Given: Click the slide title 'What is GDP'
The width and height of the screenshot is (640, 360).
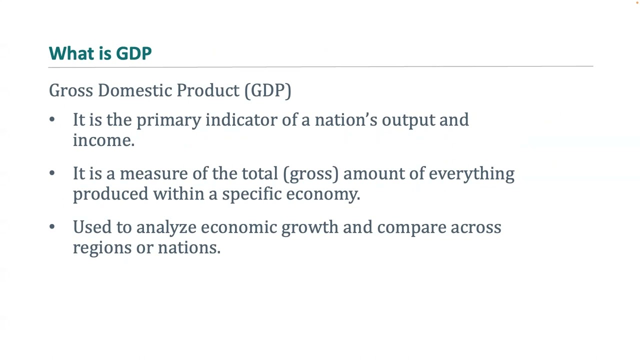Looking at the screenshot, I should point(100,53).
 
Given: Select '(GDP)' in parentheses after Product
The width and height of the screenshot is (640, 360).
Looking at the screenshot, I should point(267,90).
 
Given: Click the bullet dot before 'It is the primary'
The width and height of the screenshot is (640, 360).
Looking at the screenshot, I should point(52,119).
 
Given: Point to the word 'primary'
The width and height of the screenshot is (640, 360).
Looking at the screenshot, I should point(168,120).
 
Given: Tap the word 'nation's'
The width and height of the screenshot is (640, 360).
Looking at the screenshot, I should point(345,120).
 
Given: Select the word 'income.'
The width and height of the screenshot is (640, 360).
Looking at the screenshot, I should point(103,140).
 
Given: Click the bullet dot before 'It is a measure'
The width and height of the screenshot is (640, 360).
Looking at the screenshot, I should point(52,173).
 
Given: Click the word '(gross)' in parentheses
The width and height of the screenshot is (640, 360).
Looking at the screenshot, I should point(310,174).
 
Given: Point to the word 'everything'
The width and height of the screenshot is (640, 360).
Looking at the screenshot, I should point(471,174).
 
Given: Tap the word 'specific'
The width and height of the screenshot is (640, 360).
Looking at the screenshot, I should point(252,194).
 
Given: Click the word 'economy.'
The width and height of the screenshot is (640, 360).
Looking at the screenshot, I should point(323,194).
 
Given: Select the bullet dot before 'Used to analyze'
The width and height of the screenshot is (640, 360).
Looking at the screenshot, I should point(52,226).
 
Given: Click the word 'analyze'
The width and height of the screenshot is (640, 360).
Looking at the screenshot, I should point(166,227).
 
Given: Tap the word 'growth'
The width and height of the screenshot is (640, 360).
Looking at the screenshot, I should point(309,227).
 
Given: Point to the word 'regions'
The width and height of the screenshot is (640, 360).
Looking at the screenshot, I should point(102,248).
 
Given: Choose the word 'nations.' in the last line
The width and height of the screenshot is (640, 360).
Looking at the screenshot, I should point(189,248).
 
